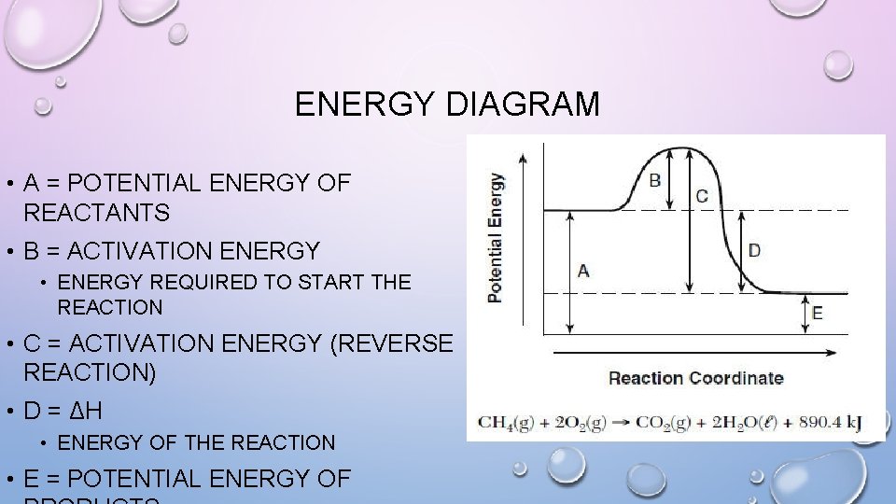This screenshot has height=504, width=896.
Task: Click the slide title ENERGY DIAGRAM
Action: (x=447, y=104)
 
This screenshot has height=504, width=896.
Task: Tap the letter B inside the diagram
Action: (x=655, y=179)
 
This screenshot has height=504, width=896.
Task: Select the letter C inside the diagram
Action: (x=702, y=196)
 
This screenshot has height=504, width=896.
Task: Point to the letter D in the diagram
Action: (x=754, y=250)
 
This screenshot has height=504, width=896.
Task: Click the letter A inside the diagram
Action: (x=583, y=271)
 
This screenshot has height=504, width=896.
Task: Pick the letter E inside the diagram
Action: (x=817, y=314)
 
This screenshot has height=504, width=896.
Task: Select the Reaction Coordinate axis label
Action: (x=695, y=378)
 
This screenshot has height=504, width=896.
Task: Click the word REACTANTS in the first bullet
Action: (x=97, y=213)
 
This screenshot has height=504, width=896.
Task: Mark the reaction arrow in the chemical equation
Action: (x=618, y=422)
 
